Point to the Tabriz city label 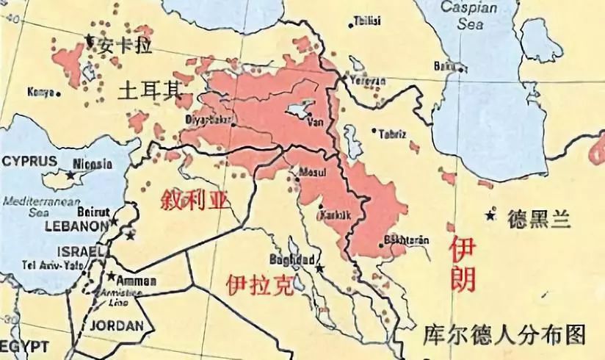coord(394,134)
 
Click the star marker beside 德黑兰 coord(490,215)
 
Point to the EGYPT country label coord(23,346)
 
